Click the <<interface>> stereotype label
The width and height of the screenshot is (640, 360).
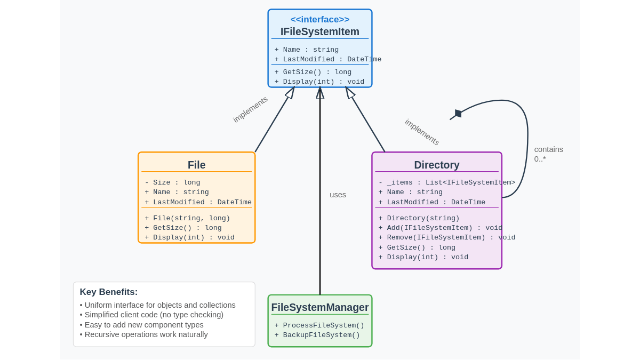point(320,19)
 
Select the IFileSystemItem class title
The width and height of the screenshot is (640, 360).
point(320,31)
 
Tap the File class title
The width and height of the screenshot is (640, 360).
point(196,165)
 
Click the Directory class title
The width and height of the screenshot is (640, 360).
point(437,165)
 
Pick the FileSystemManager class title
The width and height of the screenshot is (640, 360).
point(320,307)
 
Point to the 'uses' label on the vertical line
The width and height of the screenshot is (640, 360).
point(338,195)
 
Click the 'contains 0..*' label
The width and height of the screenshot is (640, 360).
point(548,154)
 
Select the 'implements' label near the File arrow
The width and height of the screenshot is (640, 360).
point(250,109)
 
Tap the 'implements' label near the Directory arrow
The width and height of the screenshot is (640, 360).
point(422,132)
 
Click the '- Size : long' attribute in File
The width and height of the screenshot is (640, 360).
point(172,182)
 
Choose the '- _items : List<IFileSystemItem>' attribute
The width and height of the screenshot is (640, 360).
point(446,182)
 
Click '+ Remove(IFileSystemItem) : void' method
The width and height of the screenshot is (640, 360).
point(446,237)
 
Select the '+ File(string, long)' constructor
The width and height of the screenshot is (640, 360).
point(187,218)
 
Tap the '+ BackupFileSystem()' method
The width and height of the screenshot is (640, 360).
point(317,335)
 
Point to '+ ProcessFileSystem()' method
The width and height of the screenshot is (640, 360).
point(319,325)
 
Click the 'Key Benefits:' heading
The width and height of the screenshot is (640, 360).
point(109,292)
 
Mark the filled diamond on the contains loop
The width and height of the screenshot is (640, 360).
point(457,114)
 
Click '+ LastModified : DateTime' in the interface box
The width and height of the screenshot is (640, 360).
point(327,59)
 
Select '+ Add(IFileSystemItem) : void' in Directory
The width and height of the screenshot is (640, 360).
point(440,228)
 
